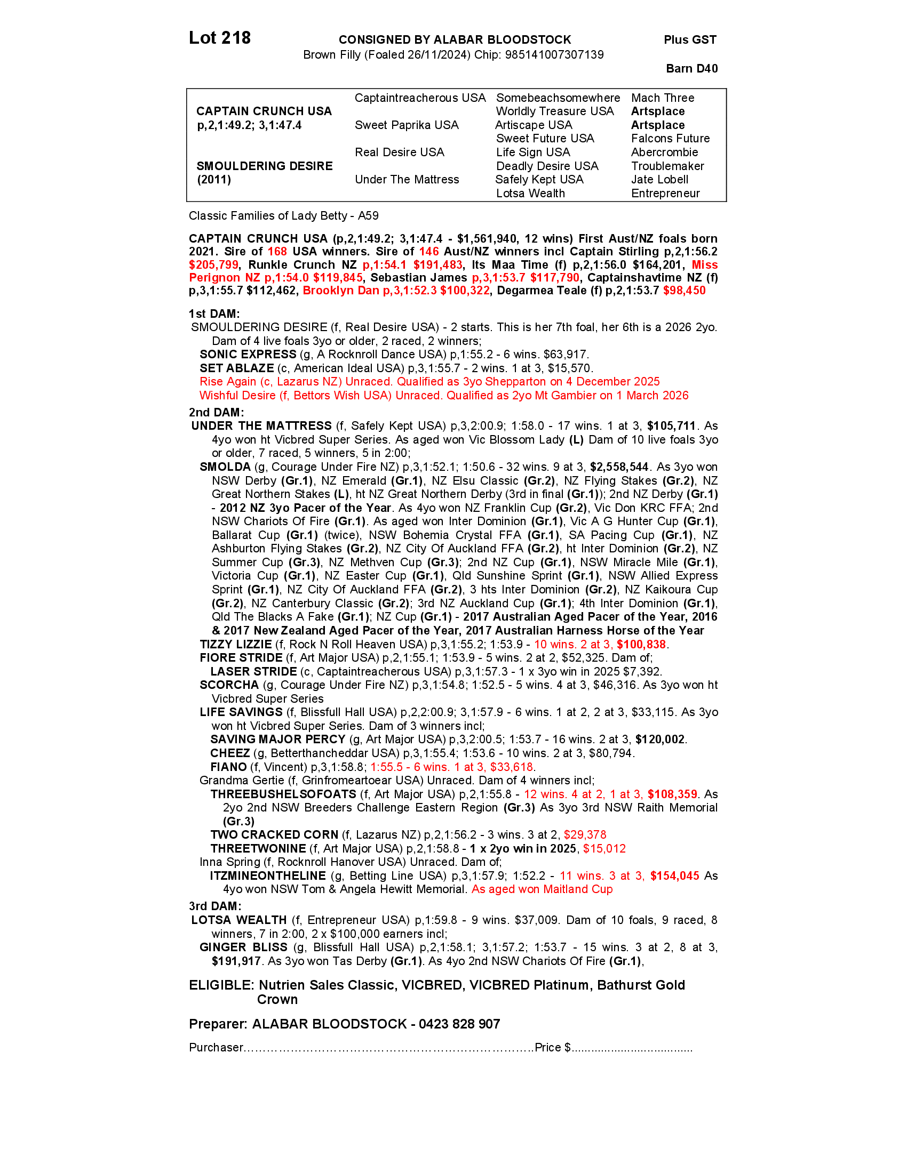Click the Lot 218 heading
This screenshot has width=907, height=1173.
point(220,38)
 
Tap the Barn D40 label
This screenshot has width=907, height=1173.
point(691,68)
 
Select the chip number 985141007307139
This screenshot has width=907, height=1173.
point(554,55)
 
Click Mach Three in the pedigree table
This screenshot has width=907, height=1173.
point(663,98)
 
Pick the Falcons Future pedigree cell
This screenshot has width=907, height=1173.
point(670,139)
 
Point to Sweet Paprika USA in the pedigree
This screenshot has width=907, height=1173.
point(407,125)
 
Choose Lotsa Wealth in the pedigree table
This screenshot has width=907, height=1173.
point(530,194)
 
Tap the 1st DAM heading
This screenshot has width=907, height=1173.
point(214,314)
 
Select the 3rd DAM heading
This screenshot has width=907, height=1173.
point(215,906)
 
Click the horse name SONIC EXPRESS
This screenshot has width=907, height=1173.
point(248,355)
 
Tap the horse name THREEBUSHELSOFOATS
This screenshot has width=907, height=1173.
point(283,794)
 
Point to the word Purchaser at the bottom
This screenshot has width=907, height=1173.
point(216,1048)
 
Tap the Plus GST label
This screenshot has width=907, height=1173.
point(690,40)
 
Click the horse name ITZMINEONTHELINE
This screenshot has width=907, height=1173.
point(268,876)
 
